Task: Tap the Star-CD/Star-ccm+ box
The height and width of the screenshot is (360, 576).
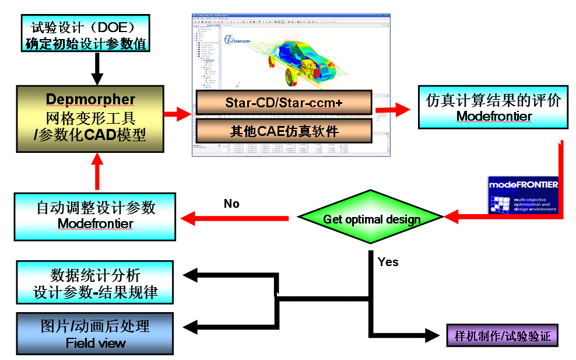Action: point(283,103)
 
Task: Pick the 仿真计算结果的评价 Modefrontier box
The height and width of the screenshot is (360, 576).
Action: point(493,108)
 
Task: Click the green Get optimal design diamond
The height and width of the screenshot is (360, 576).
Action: point(371,219)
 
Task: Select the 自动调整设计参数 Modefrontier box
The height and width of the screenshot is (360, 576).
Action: point(95,216)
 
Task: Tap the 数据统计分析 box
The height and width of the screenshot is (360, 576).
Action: point(95,282)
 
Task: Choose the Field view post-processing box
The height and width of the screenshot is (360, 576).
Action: point(95,334)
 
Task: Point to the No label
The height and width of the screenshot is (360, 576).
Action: point(232,204)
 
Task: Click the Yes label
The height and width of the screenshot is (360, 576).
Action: point(388,262)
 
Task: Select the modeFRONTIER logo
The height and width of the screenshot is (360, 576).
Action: point(523,194)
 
